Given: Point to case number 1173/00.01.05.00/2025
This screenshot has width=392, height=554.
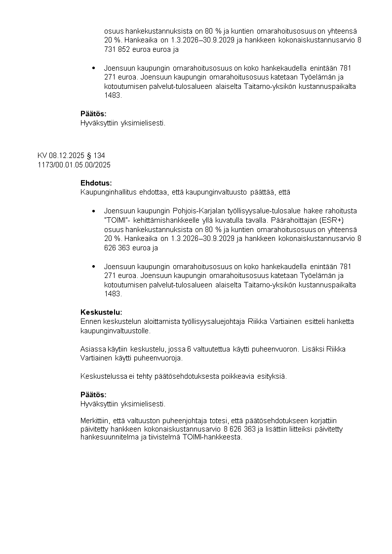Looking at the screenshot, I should point(74,164).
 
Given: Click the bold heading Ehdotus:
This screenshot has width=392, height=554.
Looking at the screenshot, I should point(96,183).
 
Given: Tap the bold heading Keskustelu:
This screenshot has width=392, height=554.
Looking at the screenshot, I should point(101,312).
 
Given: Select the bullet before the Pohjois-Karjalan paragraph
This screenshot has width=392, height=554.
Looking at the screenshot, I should point(94,211).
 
